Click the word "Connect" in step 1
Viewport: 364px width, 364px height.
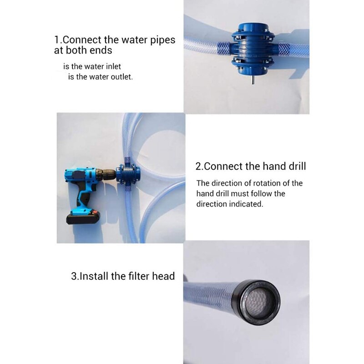tap(82, 40)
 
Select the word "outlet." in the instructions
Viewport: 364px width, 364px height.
tap(120, 77)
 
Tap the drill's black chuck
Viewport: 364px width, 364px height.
tap(106, 175)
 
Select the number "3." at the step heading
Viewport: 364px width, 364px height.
tap(75, 276)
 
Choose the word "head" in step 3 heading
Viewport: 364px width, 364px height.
tap(163, 276)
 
